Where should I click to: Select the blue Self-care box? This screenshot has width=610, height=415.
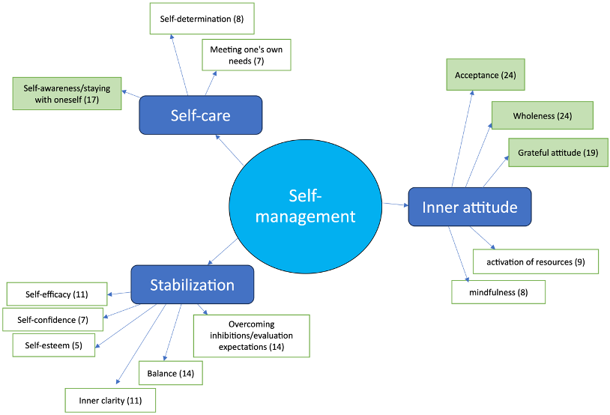[200, 115]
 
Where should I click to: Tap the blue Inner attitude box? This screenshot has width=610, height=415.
[469, 207]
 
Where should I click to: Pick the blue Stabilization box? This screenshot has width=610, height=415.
[192, 285]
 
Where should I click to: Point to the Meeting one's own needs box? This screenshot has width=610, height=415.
[247, 55]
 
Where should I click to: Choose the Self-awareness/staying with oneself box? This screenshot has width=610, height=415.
[67, 93]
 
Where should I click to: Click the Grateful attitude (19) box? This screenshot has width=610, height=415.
[558, 153]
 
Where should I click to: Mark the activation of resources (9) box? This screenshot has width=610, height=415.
[536, 262]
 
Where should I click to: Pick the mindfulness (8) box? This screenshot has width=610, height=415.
[498, 292]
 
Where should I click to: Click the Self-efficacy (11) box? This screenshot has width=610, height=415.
[57, 294]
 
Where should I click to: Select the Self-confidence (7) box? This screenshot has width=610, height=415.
[52, 319]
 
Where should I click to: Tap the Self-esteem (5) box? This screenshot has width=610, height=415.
[48, 345]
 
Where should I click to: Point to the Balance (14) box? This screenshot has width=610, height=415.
[170, 372]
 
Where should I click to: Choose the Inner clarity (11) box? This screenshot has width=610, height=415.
[110, 400]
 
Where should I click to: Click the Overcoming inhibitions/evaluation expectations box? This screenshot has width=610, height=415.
[251, 336]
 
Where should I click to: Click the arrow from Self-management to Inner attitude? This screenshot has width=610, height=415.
[395, 204]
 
